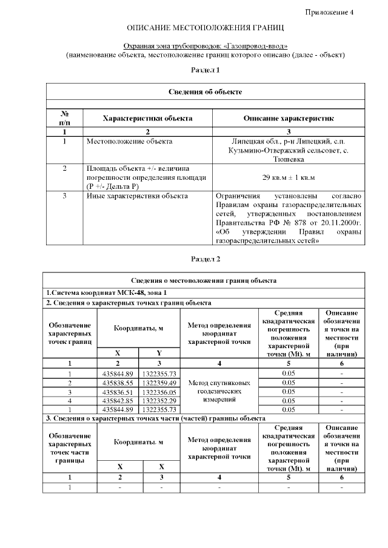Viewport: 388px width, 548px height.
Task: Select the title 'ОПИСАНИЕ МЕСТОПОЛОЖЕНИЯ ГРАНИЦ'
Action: point(205,28)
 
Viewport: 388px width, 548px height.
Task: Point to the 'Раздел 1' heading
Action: point(205,70)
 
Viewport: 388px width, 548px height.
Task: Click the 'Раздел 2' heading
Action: point(205,259)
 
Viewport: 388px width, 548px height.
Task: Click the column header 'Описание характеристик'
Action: point(289,118)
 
